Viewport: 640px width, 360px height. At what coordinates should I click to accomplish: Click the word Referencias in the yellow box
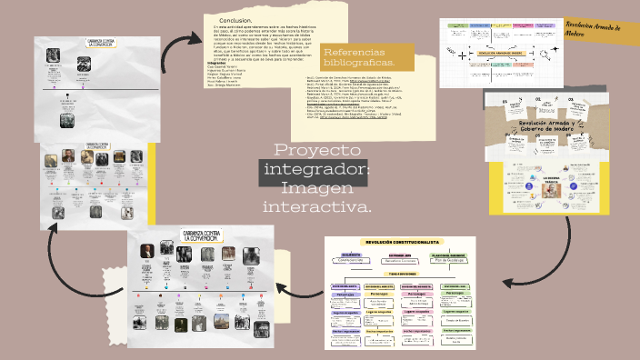[354, 51]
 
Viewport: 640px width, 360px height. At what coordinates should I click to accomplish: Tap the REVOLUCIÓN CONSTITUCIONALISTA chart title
[401, 242]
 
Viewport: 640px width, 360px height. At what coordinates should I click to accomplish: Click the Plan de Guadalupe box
[449, 260]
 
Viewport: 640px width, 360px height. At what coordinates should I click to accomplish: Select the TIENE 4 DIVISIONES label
[401, 273]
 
